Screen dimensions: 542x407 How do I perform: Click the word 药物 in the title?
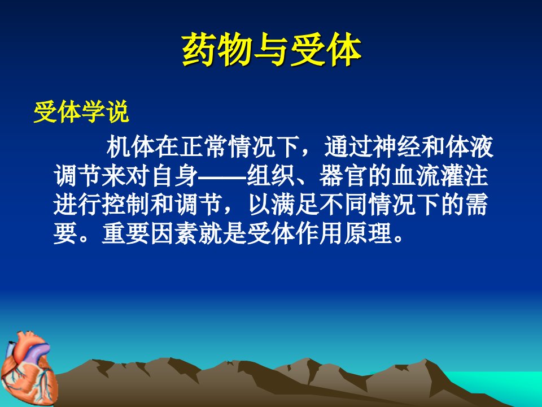coord(217,50)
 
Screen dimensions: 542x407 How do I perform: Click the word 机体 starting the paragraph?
coord(130,147)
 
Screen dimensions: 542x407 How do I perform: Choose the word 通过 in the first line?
coord(348,147)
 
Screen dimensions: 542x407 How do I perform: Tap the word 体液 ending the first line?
coord(469,147)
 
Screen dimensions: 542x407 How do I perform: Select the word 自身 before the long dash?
coord(174,176)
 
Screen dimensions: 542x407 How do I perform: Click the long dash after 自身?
coord(222,177)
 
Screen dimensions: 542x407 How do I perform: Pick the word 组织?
coord(270,176)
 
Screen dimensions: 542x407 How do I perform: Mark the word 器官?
coord(343,176)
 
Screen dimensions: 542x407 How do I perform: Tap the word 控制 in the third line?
coord(126,205)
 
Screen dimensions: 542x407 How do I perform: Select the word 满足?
coord(295,205)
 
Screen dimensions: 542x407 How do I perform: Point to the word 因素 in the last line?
coord(174,233)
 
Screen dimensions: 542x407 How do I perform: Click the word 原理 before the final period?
coord(368,233)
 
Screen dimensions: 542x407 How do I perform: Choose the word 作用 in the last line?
coord(319,233)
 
